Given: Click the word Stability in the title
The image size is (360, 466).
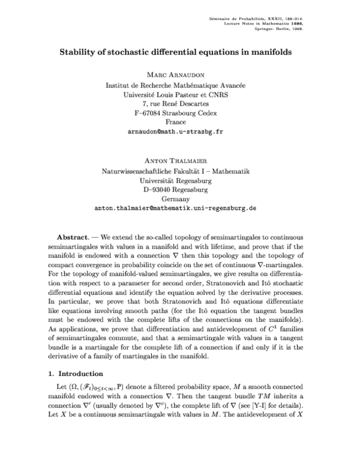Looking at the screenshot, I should pyautogui.click(x=79, y=52).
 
